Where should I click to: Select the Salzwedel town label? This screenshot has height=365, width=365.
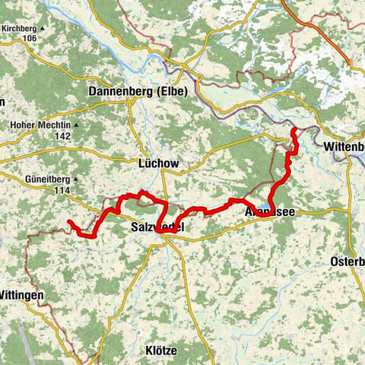click(157, 228)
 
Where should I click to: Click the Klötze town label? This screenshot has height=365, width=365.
click(160, 351)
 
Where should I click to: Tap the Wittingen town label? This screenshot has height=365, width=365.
click(22, 294)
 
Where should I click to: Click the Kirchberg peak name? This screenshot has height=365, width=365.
click(19, 28)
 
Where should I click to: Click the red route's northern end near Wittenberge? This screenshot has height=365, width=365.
click(294, 132)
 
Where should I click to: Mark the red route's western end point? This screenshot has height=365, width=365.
click(69, 222)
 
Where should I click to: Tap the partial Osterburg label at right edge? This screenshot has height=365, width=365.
click(348, 262)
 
